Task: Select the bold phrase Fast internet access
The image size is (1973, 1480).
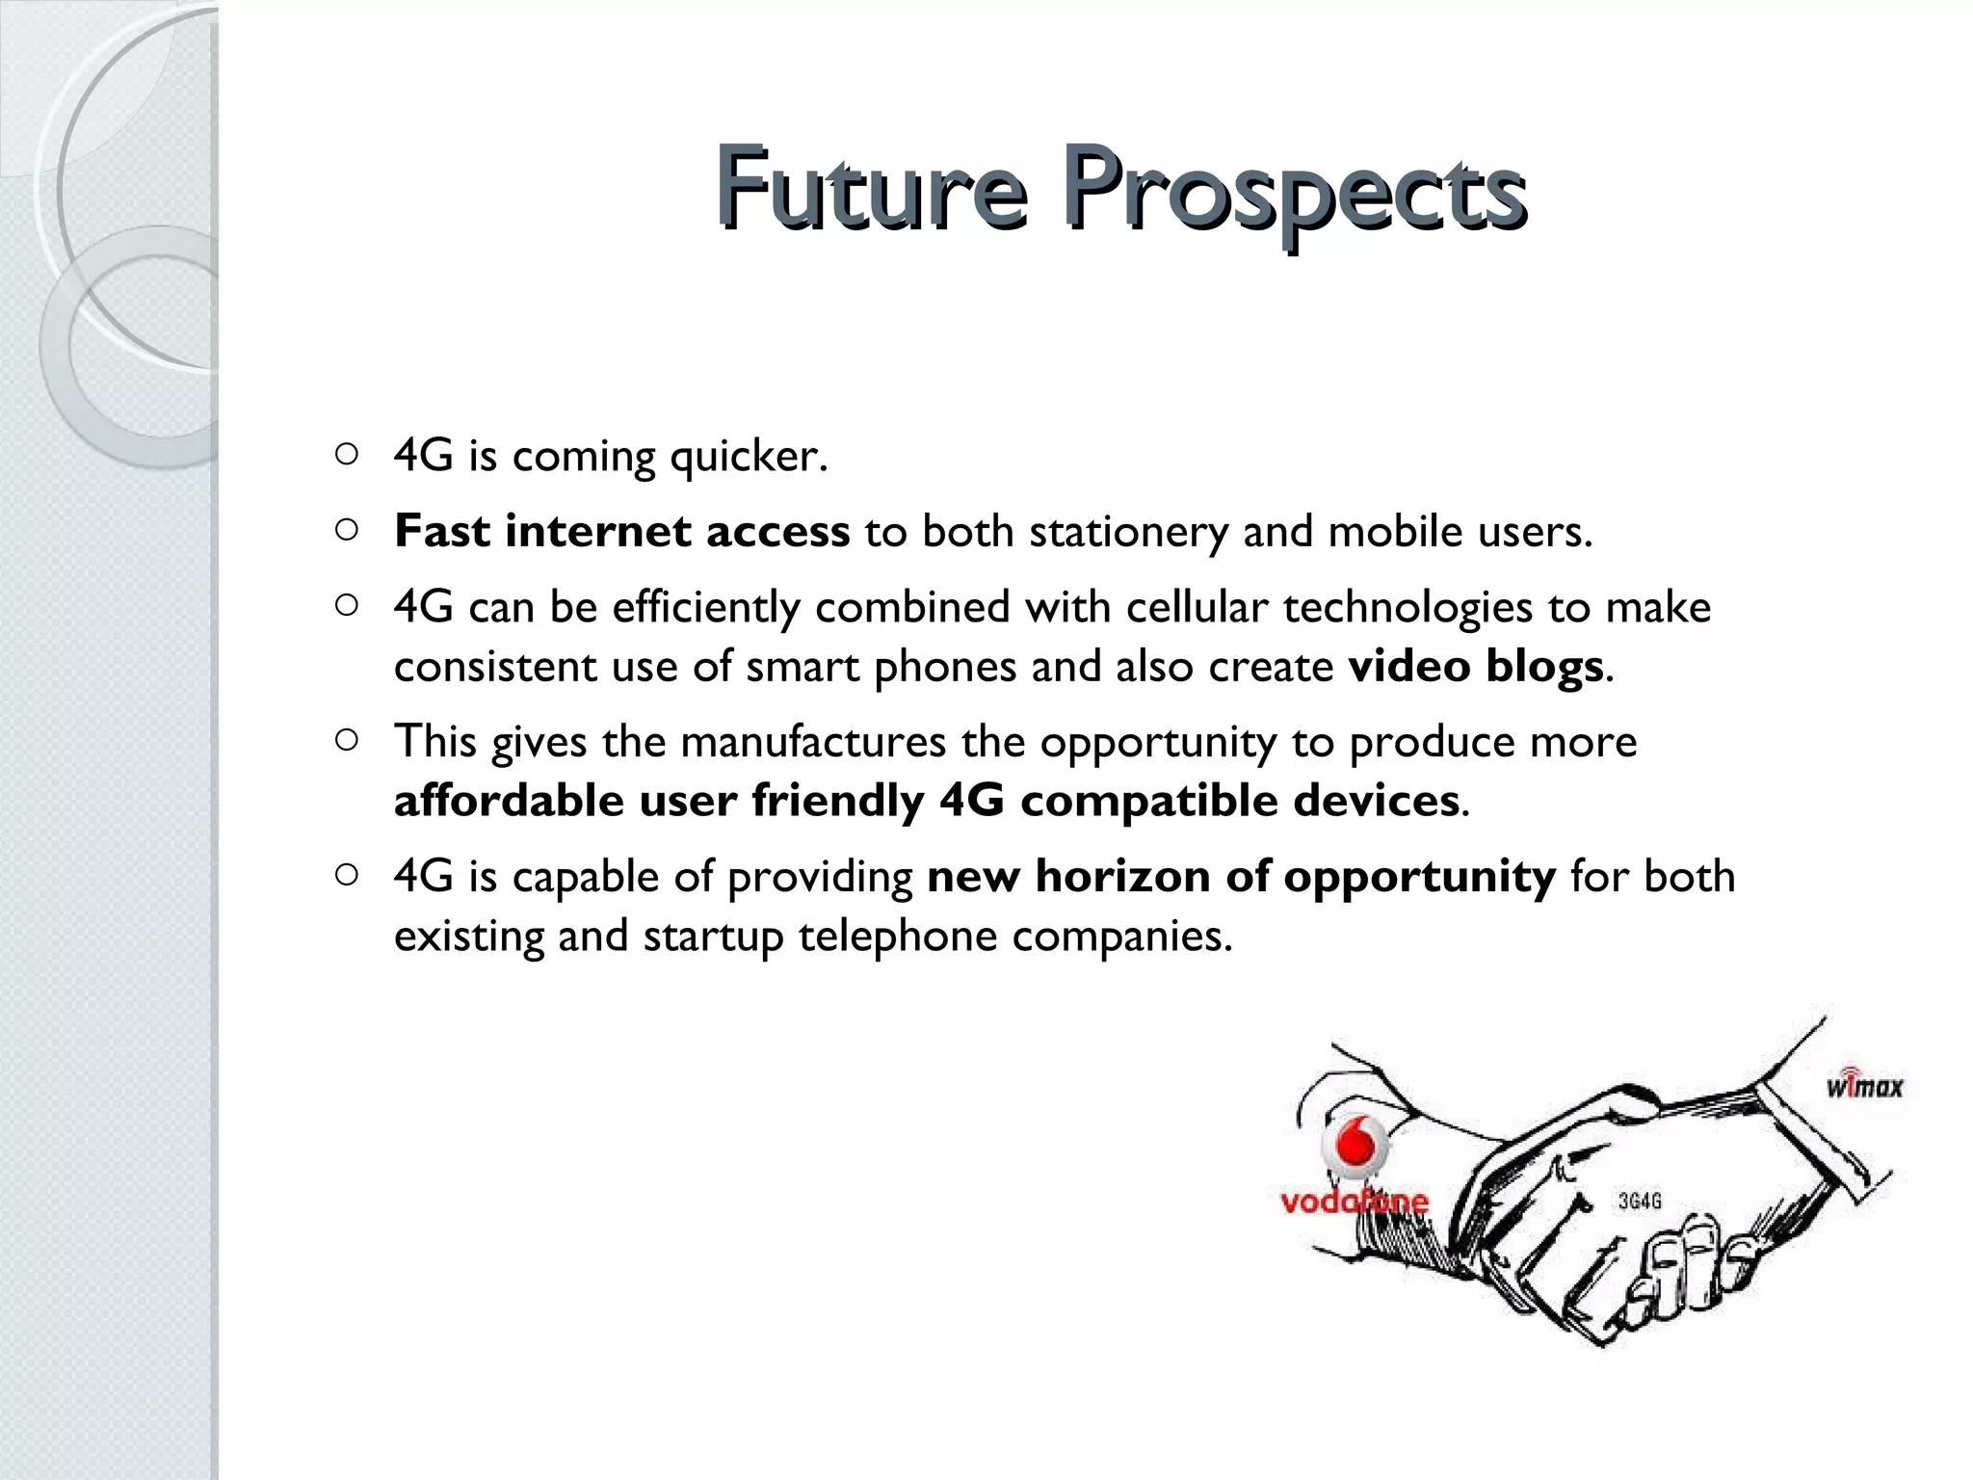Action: pyautogui.click(x=621, y=531)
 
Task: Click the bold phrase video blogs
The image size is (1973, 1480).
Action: pyautogui.click(x=1475, y=667)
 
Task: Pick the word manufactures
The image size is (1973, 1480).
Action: pyautogui.click(x=813, y=742)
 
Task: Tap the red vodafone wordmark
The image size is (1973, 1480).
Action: pyautogui.click(x=1354, y=1202)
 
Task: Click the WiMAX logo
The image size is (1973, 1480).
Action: pyautogui.click(x=1864, y=1085)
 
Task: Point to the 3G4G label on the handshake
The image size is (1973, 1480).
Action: pyautogui.click(x=1640, y=1202)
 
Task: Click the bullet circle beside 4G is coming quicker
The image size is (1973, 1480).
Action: pyautogui.click(x=347, y=454)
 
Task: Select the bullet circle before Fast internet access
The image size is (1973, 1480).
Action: pyautogui.click(x=347, y=529)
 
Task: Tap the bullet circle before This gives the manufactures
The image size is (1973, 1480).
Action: pyautogui.click(x=347, y=740)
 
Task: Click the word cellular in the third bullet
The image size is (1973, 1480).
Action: pyautogui.click(x=1197, y=608)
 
